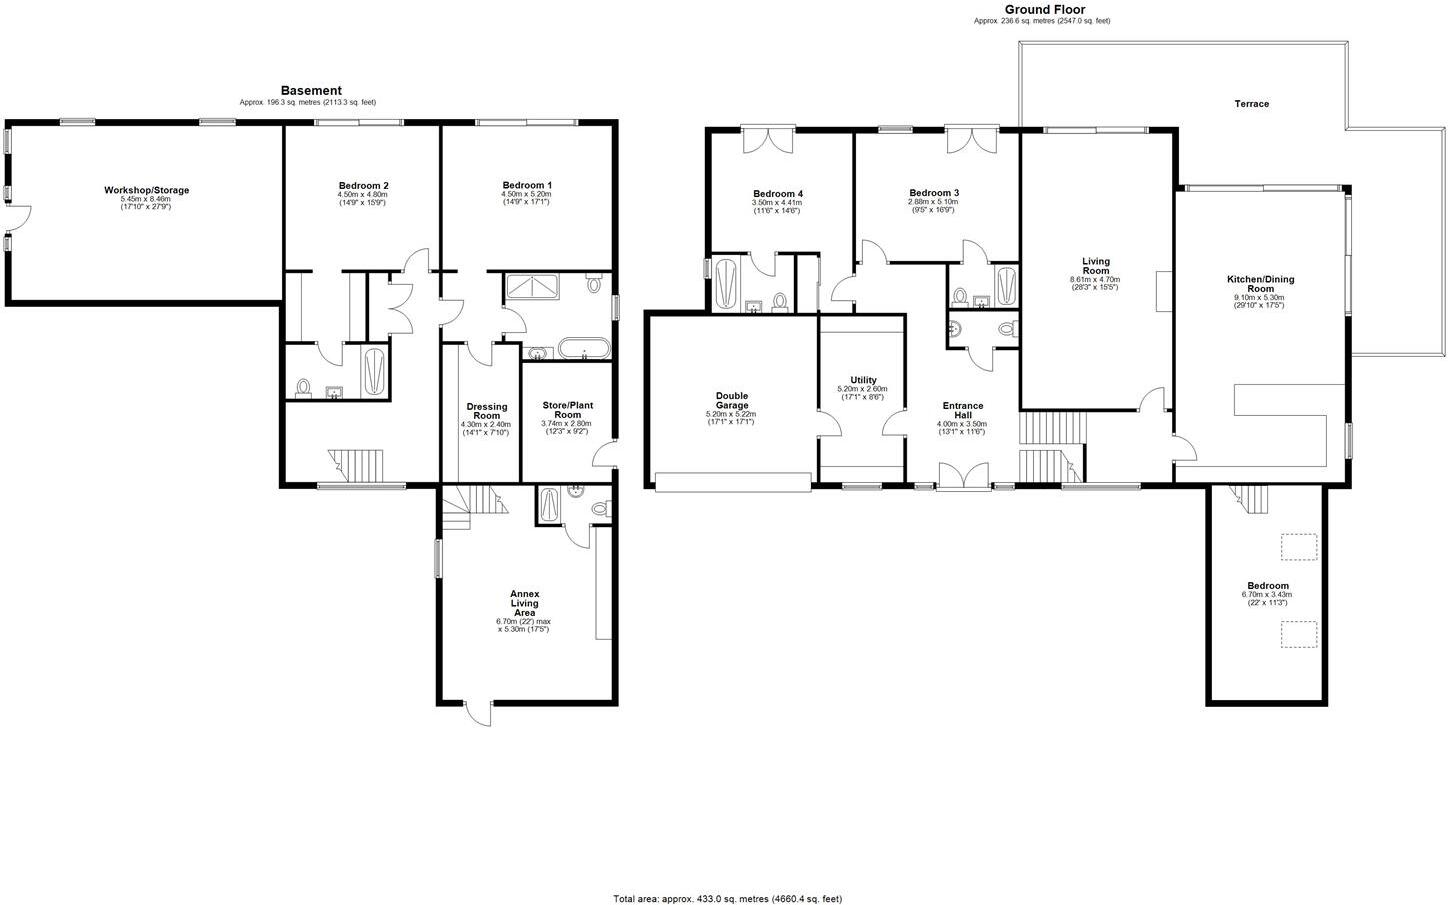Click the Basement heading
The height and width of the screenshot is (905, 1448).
310,91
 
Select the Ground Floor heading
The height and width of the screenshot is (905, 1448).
1044,9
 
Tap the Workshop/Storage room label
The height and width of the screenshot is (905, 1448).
146,190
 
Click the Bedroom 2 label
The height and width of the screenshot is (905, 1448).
363,186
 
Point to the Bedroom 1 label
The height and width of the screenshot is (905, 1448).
527,185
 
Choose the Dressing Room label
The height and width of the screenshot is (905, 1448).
486,411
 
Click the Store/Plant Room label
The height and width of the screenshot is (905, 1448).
567,409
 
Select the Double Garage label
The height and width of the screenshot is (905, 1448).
731,400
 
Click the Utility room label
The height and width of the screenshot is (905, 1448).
862,380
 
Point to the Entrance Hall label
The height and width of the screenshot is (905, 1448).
962,410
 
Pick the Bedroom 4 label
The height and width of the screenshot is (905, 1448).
777,194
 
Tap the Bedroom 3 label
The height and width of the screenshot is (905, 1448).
933,193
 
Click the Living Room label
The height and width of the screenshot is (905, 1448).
1095,266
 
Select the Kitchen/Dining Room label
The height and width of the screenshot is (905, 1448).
1260,284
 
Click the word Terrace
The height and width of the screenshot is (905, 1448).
1251,104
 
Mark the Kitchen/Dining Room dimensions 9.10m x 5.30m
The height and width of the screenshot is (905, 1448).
1260,297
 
